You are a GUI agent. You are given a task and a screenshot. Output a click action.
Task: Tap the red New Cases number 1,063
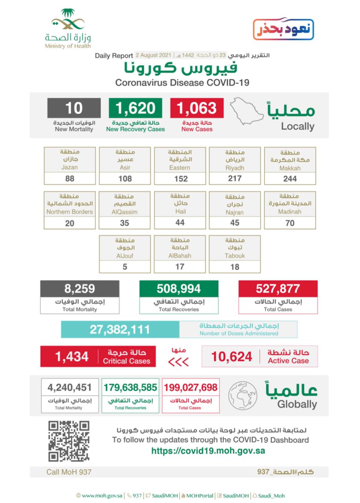(197, 108)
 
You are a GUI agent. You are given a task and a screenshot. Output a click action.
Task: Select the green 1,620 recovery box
(135, 108)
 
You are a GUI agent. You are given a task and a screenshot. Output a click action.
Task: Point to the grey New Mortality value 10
(74, 108)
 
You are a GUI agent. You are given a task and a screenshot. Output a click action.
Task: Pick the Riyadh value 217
(235, 179)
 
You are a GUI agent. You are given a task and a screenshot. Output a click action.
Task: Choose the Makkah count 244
(290, 179)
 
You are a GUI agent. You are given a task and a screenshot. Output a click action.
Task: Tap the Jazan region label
(70, 160)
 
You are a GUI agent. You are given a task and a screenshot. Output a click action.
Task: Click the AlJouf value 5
(125, 267)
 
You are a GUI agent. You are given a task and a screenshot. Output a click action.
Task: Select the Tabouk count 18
(235, 267)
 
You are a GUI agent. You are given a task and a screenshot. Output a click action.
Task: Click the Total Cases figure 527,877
(278, 289)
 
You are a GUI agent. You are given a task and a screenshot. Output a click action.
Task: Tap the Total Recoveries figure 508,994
(179, 289)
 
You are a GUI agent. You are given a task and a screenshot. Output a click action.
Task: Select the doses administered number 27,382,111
(120, 329)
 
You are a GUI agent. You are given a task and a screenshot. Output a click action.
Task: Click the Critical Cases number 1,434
(72, 356)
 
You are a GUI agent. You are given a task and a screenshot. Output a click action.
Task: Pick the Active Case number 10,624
(231, 356)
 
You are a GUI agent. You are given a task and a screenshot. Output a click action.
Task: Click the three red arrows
(178, 362)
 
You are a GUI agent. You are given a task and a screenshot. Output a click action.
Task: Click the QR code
(69, 441)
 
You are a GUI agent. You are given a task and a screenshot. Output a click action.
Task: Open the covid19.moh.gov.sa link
(208, 451)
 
